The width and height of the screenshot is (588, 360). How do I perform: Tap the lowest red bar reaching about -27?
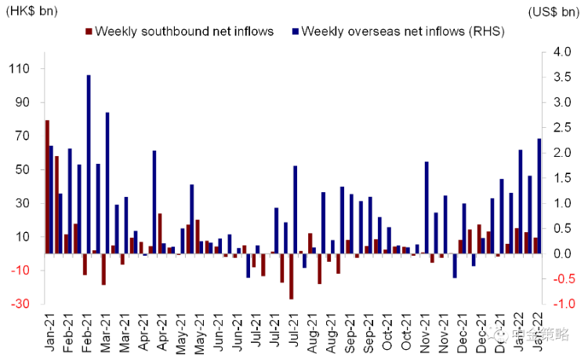point(291,276)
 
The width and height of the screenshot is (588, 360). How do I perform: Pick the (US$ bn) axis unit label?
point(554,10)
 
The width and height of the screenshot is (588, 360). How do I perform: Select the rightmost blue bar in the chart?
point(539,196)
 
